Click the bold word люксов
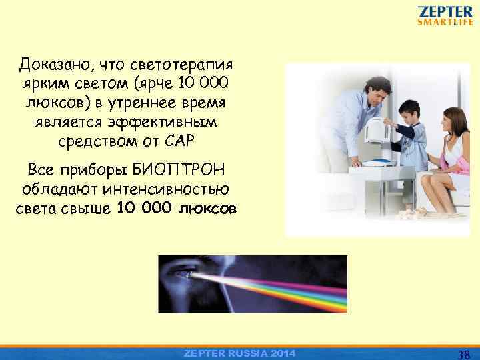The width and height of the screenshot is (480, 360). pyautogui.click(x=206, y=208)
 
